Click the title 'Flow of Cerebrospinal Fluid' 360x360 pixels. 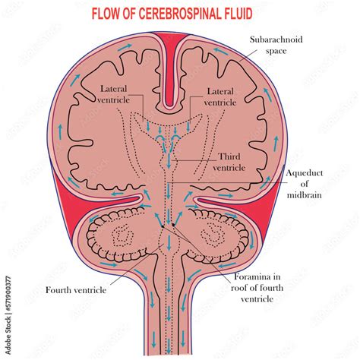tap(181, 14)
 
